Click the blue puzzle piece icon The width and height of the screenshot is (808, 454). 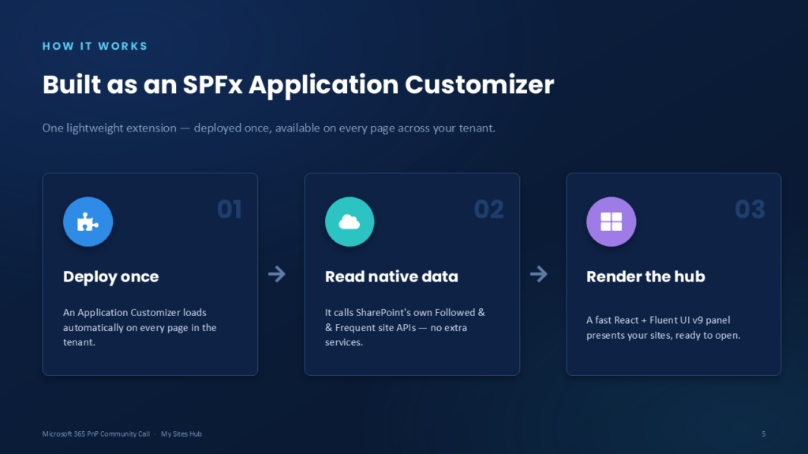coord(88,221)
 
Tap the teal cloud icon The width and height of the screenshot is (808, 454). coord(350,221)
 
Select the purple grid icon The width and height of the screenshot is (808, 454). coord(612,221)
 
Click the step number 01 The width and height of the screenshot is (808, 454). coord(230,210)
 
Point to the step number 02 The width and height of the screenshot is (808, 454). coord(488,210)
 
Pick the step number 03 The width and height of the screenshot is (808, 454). coord(750,210)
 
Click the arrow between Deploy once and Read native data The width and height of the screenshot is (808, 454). coord(277,274)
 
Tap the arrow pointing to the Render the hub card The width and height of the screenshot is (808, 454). coord(538,274)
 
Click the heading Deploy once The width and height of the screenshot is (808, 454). coord(110,277)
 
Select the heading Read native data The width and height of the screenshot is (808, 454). coord(391,277)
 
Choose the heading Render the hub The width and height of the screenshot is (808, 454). coord(645,277)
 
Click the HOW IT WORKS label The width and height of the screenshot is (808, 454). coord(95,47)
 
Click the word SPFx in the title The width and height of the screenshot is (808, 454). coord(212,84)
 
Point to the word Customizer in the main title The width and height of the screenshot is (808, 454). coord(479,84)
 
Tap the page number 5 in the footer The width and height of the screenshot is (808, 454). coord(764,434)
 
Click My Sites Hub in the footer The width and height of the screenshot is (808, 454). coord(181,434)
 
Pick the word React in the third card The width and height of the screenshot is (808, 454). coord(626,320)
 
